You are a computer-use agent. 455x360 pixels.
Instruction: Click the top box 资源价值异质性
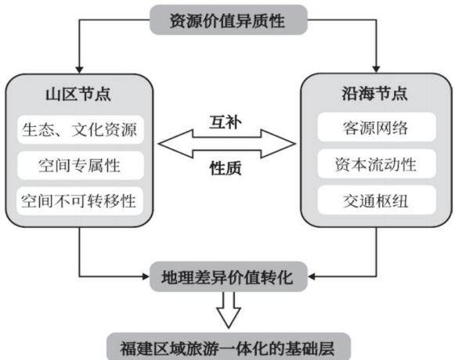click(x=229, y=20)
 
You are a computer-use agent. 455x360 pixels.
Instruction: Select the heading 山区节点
click(x=78, y=94)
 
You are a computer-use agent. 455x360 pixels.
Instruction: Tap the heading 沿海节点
click(x=374, y=94)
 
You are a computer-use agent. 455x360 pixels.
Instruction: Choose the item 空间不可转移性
click(x=80, y=201)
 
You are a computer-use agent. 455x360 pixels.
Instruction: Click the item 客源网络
click(x=377, y=128)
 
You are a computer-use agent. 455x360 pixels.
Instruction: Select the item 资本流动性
click(x=377, y=164)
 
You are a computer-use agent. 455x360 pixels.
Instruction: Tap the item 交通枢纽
click(x=377, y=200)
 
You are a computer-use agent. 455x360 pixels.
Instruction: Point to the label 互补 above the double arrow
click(x=226, y=122)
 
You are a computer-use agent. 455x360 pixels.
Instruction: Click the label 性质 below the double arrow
click(x=226, y=168)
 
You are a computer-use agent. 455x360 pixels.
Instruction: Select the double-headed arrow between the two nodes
click(x=227, y=143)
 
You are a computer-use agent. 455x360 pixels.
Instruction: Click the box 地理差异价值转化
click(x=229, y=277)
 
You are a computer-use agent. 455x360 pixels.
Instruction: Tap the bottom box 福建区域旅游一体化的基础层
click(x=229, y=347)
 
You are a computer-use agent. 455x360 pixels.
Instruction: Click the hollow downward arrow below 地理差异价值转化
click(x=229, y=310)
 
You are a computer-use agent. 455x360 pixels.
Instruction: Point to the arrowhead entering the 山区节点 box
click(x=79, y=70)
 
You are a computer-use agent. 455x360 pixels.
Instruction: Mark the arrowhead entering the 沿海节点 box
click(x=377, y=69)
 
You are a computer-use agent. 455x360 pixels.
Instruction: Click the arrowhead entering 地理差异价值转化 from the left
click(x=146, y=276)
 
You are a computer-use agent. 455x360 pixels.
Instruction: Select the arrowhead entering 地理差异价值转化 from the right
click(x=312, y=276)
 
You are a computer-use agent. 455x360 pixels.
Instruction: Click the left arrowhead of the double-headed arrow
click(x=175, y=143)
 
